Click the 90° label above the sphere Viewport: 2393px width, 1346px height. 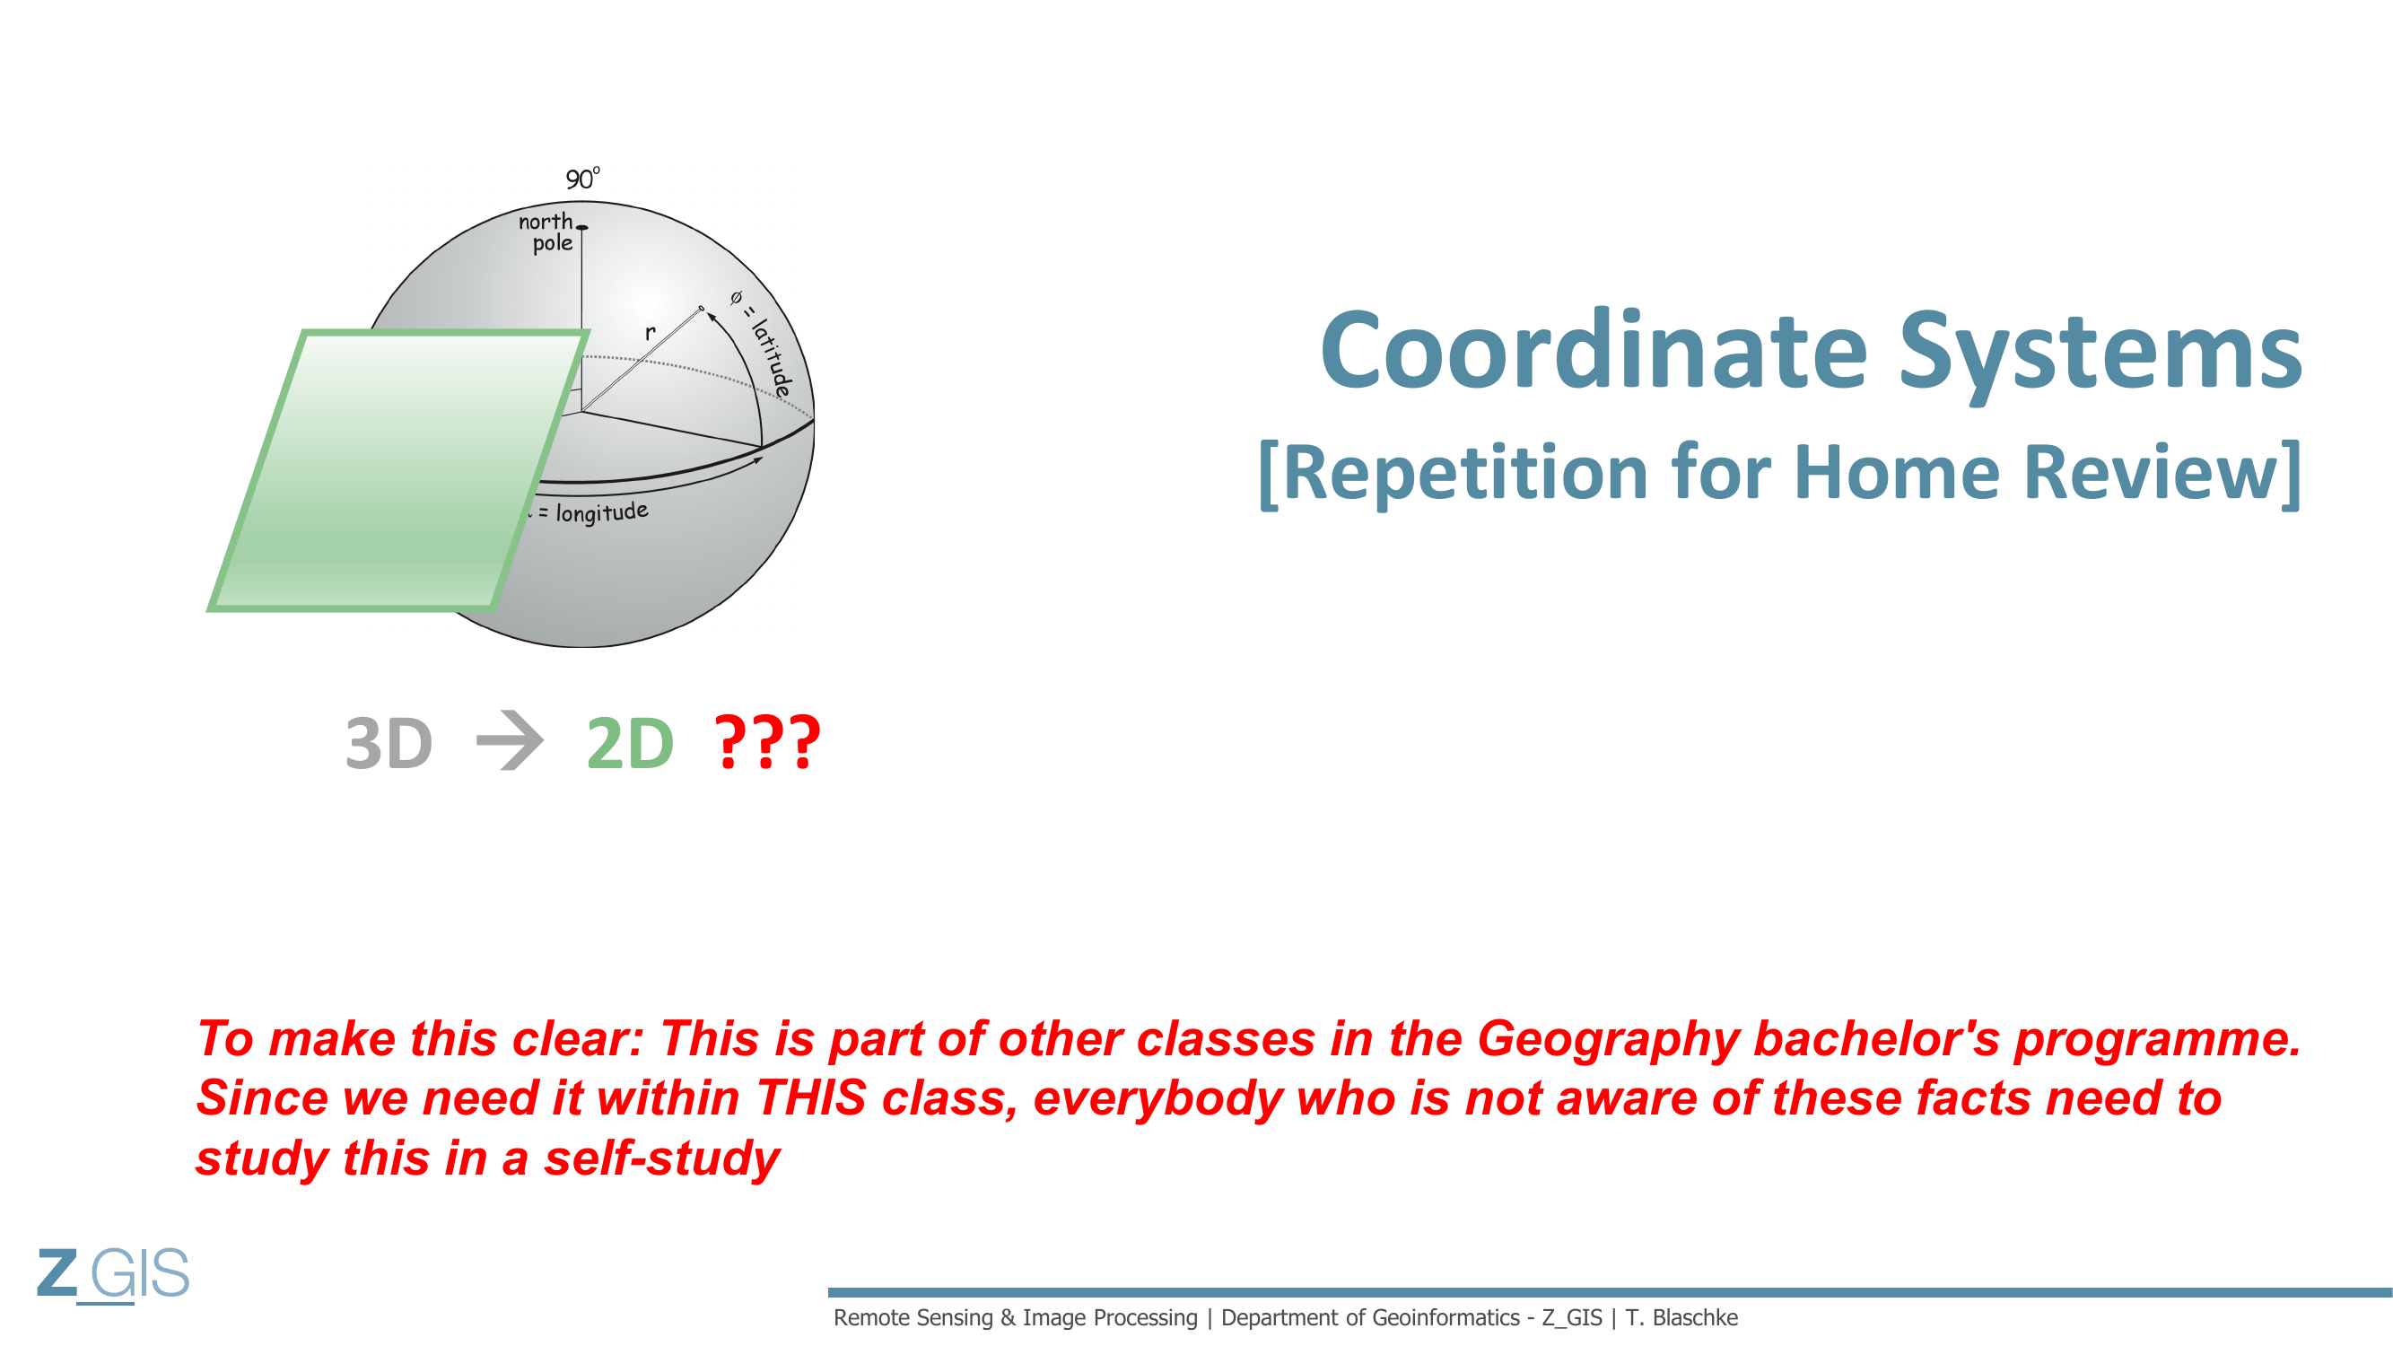(582, 179)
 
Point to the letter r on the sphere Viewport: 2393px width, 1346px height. (651, 332)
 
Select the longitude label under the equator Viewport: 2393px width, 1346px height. (587, 511)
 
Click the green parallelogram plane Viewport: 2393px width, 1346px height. (397, 470)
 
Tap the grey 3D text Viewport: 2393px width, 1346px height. (389, 743)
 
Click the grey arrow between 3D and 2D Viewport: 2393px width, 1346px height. (509, 740)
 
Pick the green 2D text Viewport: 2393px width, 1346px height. (630, 743)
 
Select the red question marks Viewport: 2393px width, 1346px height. (767, 741)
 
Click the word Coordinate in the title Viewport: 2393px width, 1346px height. (1594, 350)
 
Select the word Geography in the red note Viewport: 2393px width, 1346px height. (1607, 1039)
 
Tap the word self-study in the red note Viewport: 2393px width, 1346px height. (661, 1158)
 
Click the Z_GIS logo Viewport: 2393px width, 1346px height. (113, 1274)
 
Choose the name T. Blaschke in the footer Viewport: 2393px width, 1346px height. (1681, 1317)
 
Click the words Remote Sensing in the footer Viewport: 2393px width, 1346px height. (913, 1318)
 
